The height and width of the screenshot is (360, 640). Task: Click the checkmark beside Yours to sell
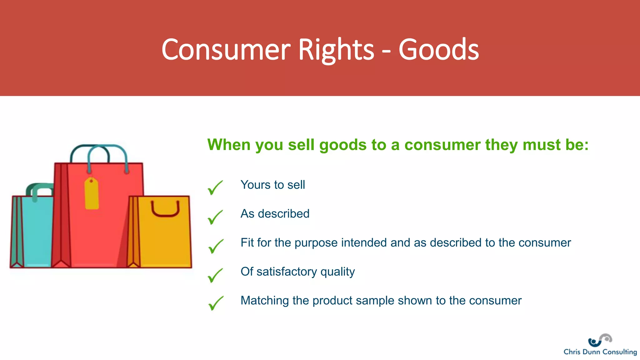click(x=215, y=187)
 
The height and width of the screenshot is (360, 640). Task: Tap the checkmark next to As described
click(x=215, y=217)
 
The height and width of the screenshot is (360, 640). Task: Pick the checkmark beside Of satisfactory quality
click(x=215, y=275)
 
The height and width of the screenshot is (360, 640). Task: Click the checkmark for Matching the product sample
click(x=216, y=303)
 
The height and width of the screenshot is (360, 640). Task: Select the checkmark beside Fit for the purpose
click(x=216, y=246)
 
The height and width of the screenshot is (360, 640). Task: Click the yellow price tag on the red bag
click(x=92, y=194)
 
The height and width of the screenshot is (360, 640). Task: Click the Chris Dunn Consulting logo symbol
click(x=600, y=340)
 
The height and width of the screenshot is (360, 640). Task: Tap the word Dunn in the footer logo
click(x=591, y=352)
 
